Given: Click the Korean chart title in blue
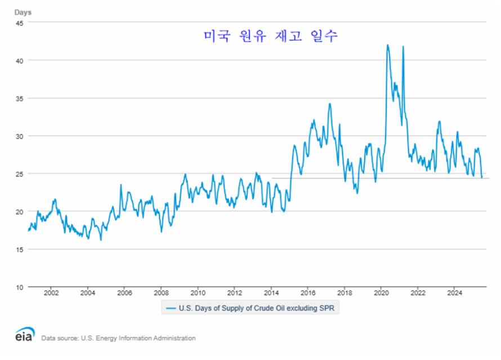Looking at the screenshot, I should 271,36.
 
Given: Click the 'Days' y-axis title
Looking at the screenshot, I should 23,11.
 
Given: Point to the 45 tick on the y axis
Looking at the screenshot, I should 19,23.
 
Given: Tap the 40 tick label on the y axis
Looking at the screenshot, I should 19,60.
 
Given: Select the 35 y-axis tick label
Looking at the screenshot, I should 19,98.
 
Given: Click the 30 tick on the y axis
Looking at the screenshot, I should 19,136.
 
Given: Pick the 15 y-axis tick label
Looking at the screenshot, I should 19,249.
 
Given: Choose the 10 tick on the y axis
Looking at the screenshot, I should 19,287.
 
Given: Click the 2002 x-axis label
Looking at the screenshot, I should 51,293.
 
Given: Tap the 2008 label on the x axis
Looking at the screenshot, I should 162,293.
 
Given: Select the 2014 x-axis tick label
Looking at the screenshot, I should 271,293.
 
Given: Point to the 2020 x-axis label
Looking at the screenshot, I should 382,293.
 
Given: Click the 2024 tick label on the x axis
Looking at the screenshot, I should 455,293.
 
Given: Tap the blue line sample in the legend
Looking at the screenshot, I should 170,308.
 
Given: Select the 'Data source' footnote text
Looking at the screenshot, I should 118,338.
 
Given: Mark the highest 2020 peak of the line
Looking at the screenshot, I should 387,45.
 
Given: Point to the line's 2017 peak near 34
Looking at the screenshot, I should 330,104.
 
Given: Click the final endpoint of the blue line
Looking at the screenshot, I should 482,177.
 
